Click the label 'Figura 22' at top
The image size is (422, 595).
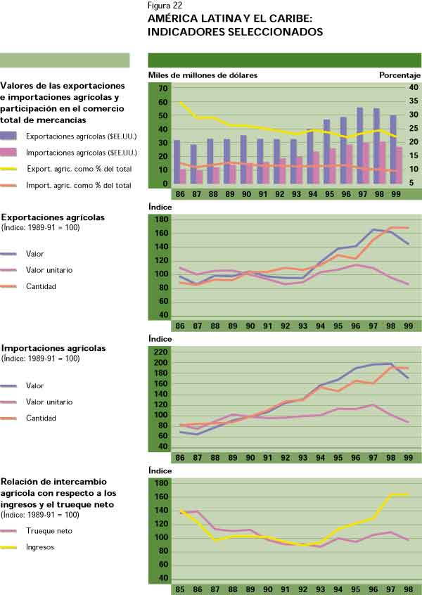[165, 6]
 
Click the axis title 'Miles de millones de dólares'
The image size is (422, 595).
[203, 75]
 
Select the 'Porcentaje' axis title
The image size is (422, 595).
[399, 75]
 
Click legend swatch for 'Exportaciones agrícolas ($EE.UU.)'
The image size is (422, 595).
[12, 136]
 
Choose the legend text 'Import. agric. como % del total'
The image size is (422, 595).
[78, 186]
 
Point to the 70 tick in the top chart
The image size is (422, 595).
[163, 89]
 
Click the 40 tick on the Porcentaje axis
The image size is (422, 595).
[414, 88]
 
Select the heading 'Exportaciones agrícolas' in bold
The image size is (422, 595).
[53, 217]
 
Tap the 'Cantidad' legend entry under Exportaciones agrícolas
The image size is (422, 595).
[40, 286]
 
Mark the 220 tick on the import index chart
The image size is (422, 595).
[161, 352]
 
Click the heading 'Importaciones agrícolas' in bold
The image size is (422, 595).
[54, 348]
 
